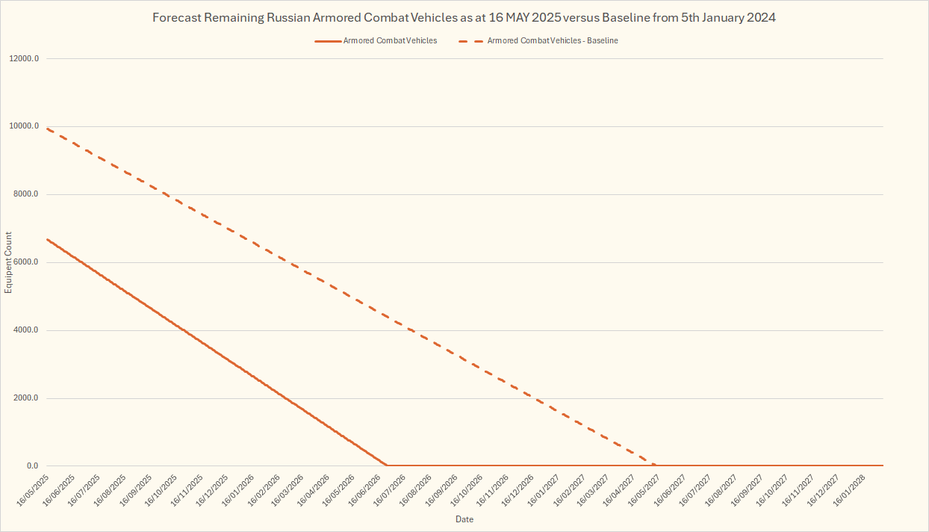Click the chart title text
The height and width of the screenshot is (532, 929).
point(464,17)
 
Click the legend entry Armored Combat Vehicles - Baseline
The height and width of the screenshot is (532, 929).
point(553,40)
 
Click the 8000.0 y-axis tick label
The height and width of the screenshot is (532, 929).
point(27,194)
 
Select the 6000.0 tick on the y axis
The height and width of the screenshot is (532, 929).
point(27,262)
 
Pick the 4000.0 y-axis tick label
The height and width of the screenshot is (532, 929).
point(27,330)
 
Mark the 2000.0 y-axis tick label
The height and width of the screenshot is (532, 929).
point(27,398)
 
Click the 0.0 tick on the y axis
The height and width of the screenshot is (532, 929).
point(33,466)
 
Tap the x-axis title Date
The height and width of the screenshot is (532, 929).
point(464,519)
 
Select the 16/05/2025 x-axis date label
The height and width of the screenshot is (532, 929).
point(34,488)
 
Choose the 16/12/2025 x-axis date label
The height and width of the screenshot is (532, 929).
point(212,488)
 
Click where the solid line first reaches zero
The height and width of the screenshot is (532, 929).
point(387,466)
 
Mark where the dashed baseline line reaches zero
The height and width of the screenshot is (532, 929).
point(656,466)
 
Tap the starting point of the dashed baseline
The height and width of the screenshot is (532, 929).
point(46,129)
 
